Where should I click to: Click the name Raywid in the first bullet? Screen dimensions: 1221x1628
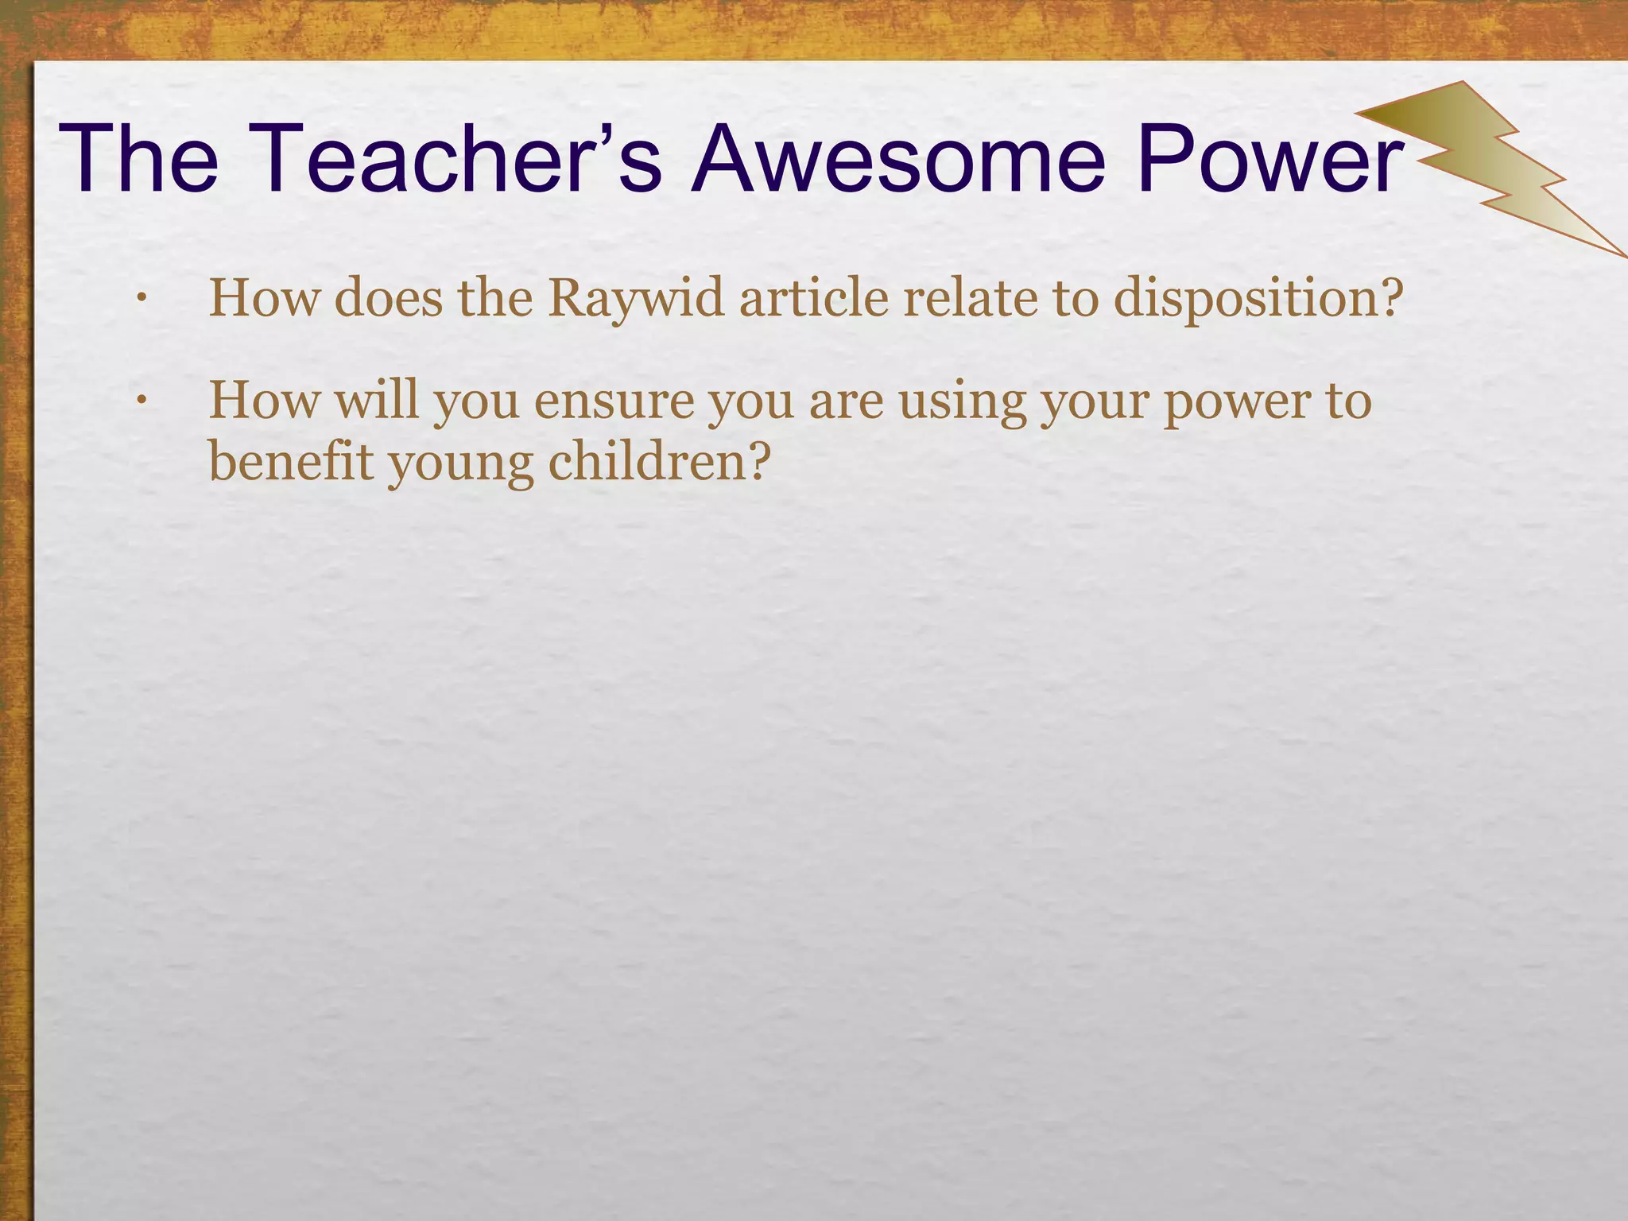[636, 299]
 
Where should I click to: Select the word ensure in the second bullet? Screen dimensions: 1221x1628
[614, 401]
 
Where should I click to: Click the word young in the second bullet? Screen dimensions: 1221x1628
[460, 464]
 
